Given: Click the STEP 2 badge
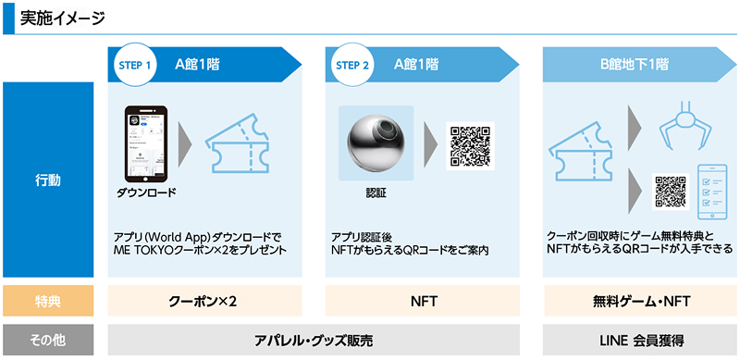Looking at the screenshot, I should click(352, 66).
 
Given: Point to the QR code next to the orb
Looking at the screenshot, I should click(470, 145).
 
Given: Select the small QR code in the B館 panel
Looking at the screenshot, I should click(670, 191).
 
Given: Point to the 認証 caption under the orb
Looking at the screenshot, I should click(376, 194).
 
